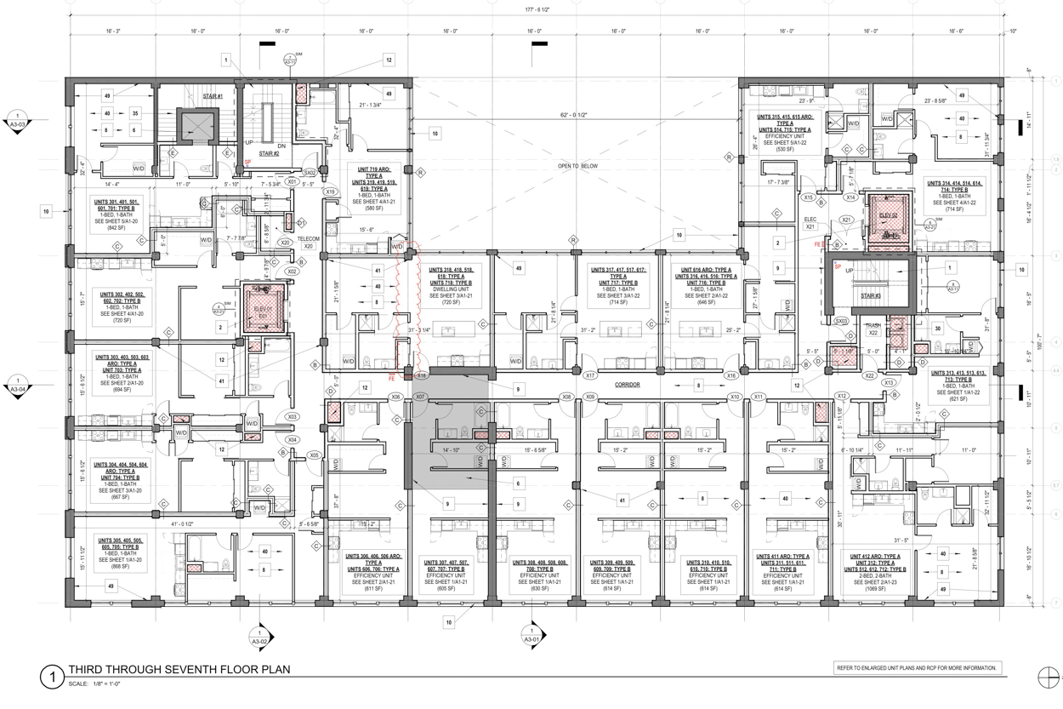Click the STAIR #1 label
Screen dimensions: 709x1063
pos(213,96)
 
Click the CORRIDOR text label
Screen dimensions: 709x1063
pos(628,386)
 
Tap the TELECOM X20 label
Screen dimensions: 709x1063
pos(308,242)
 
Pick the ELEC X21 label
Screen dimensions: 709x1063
pos(810,223)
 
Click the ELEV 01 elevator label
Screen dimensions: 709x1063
pos(255,311)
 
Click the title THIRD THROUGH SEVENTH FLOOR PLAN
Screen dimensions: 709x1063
pos(179,670)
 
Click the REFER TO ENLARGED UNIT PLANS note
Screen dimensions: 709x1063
pos(918,668)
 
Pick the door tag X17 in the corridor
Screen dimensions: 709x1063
pos(589,375)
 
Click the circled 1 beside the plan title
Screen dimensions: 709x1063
pos(52,678)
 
